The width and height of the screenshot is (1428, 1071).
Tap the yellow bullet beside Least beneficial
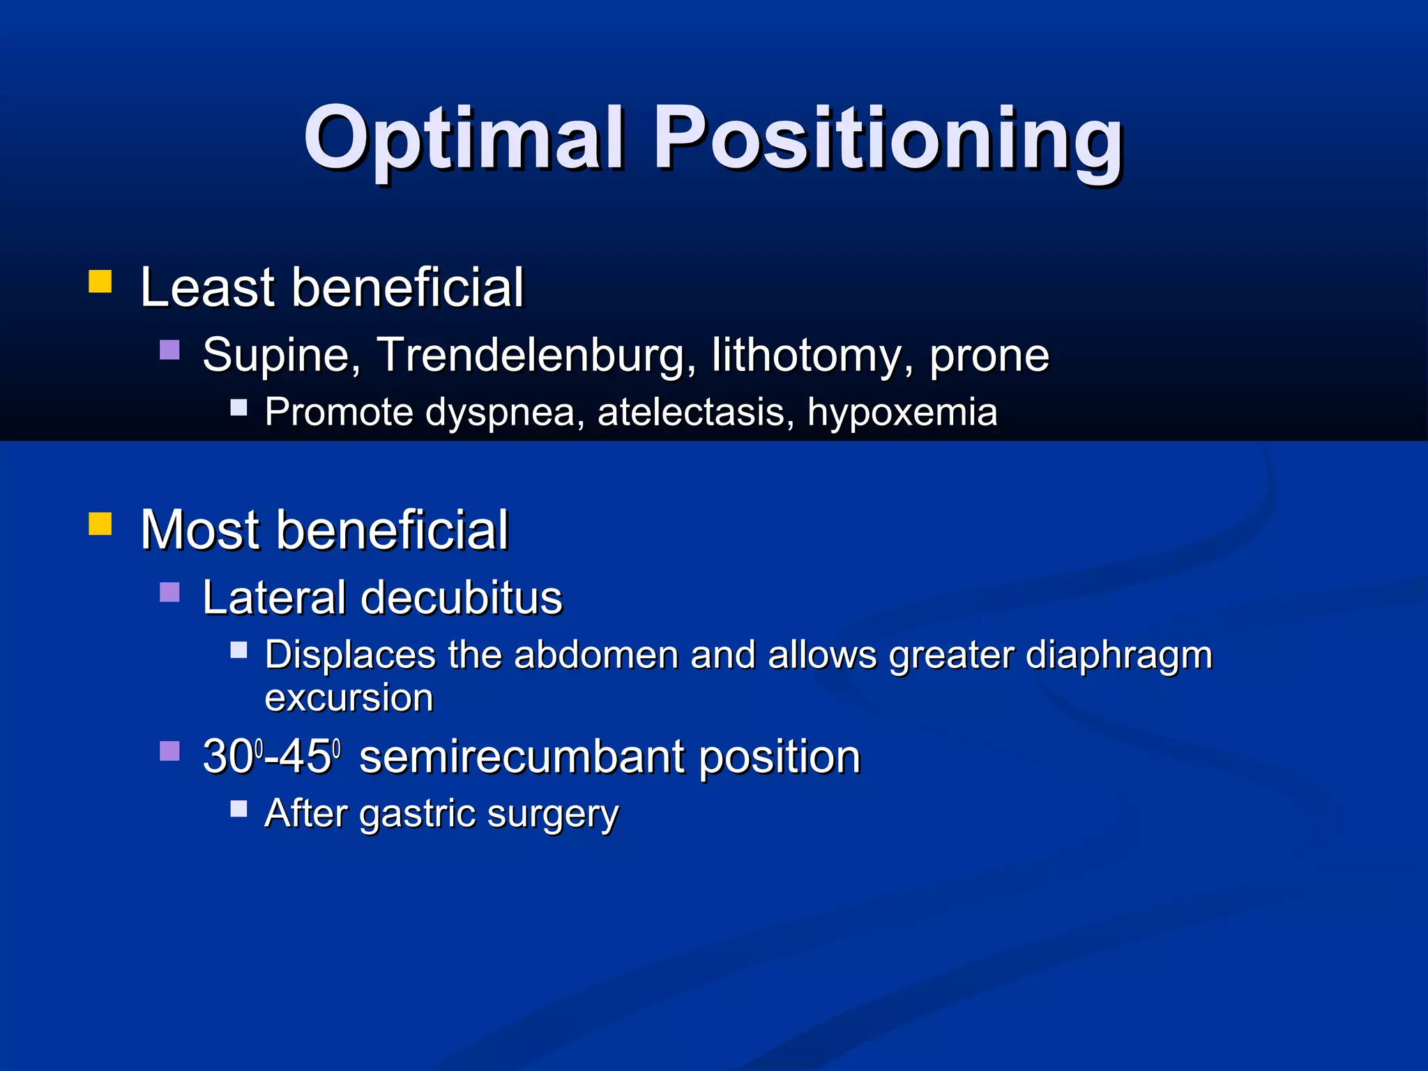100,282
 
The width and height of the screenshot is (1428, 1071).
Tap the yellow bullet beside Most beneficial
100,524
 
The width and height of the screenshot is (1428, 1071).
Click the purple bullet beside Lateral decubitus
169,592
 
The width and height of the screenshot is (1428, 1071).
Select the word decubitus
461,598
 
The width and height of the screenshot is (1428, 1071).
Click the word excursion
349,698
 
